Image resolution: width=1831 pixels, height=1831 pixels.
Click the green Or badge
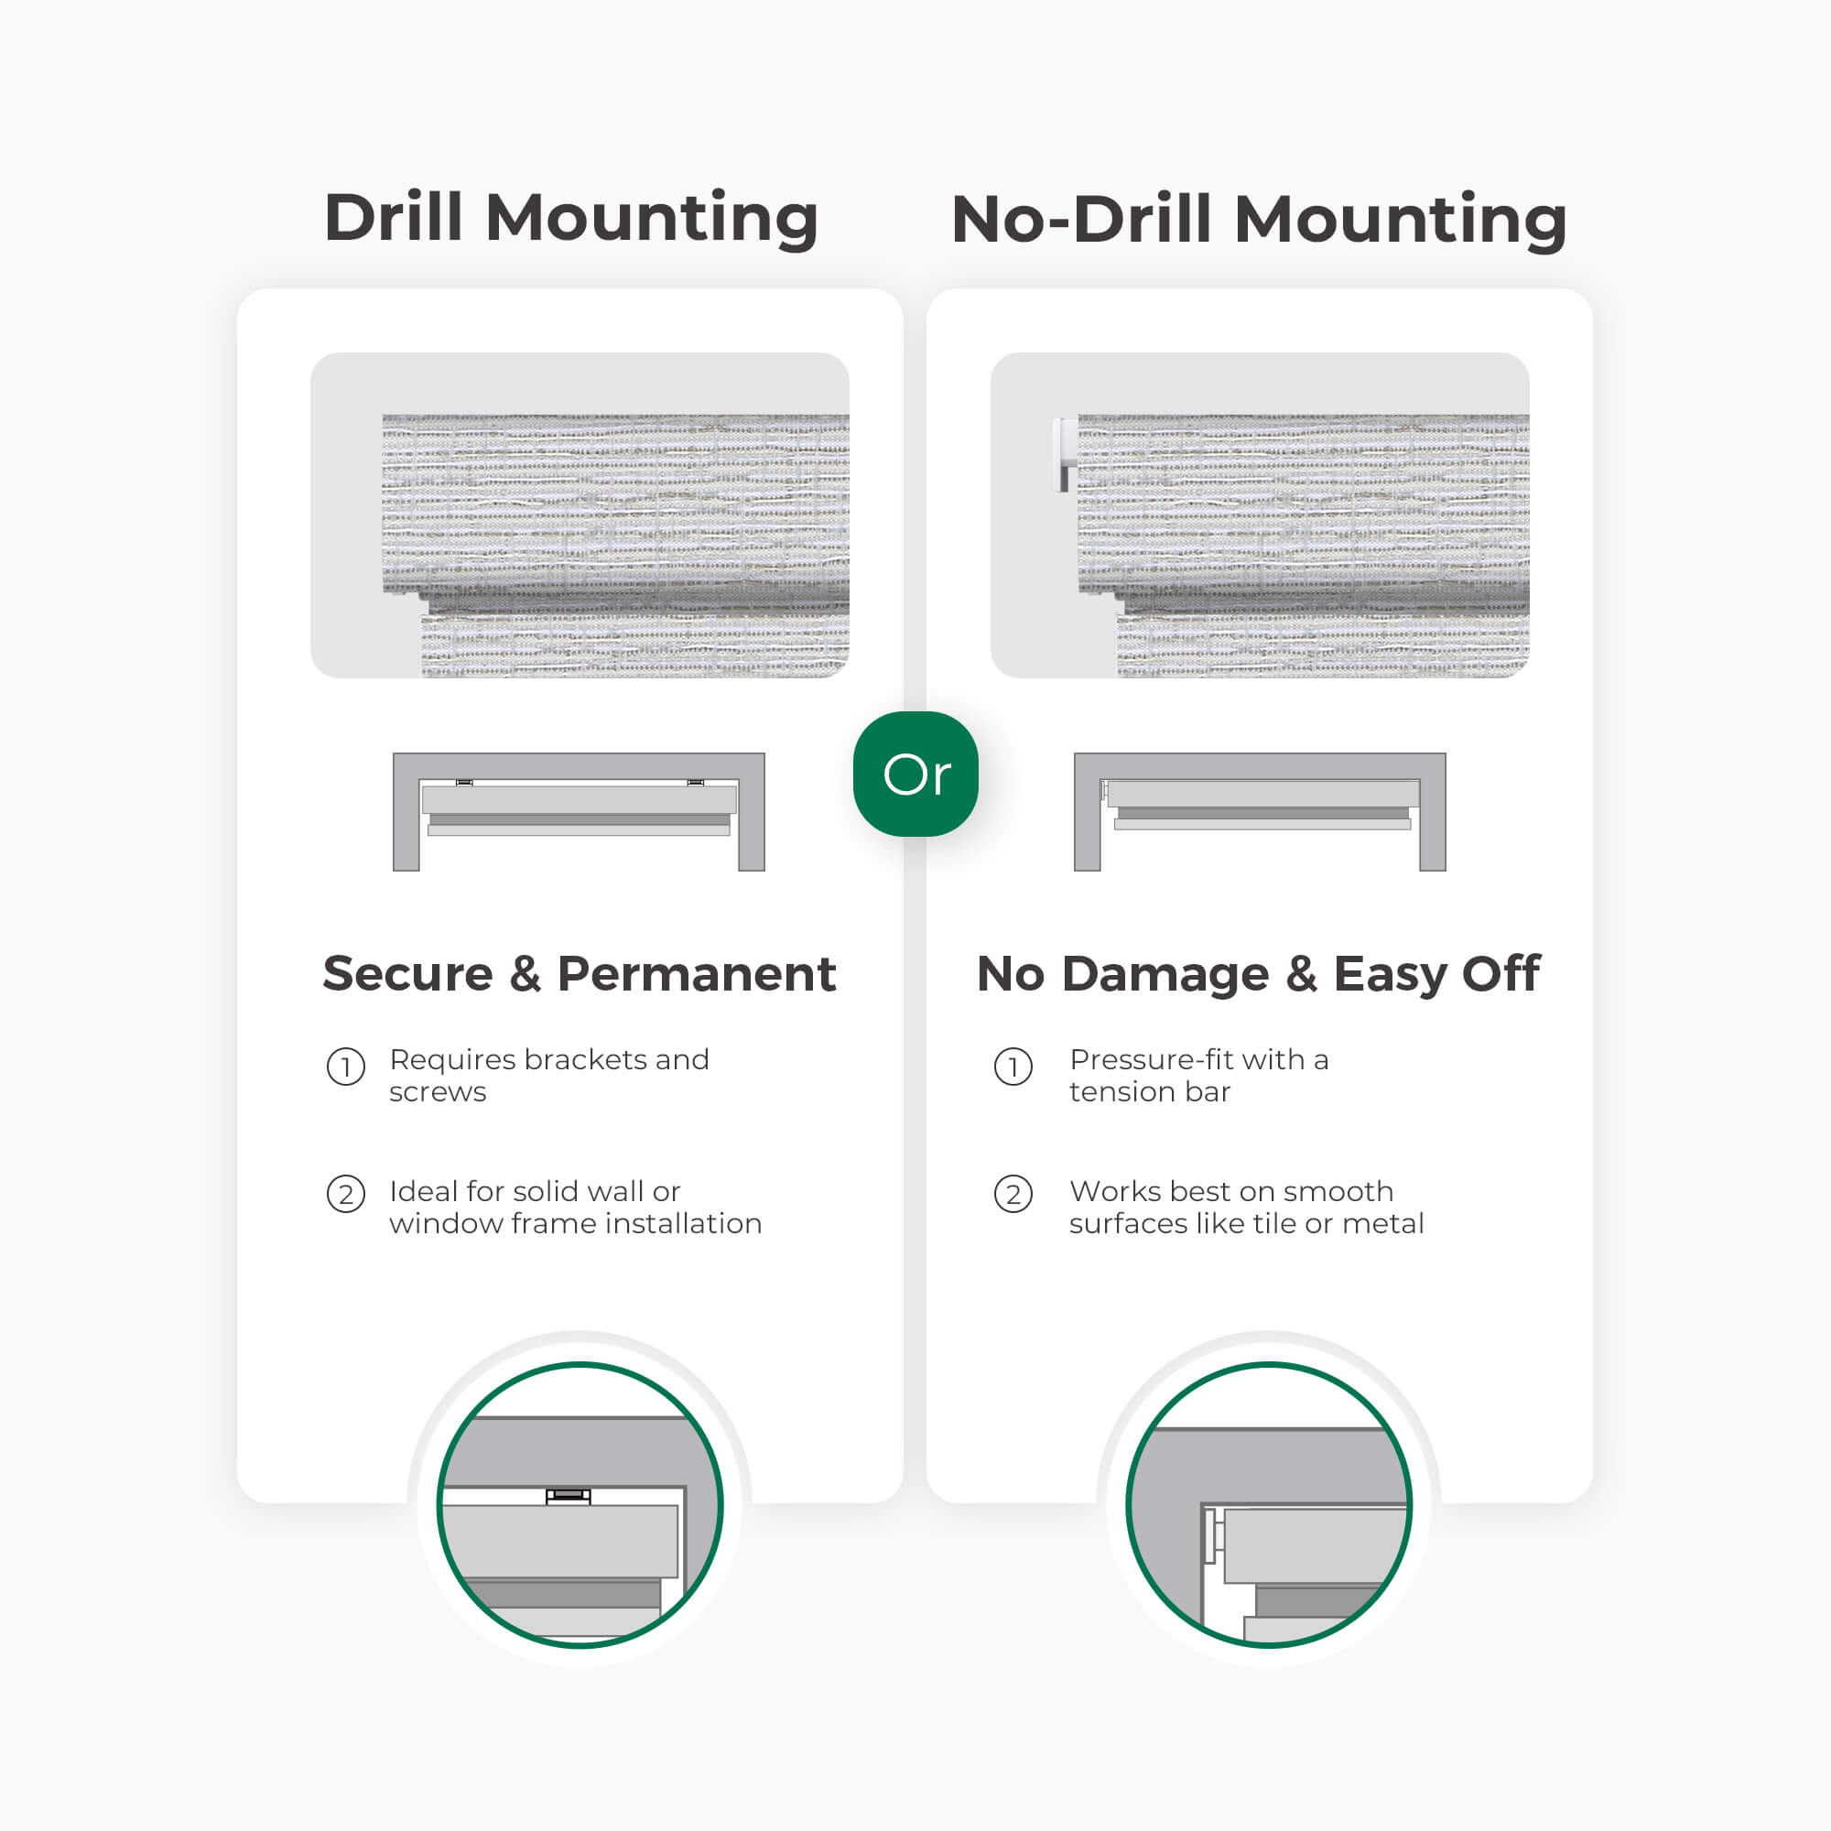click(x=915, y=775)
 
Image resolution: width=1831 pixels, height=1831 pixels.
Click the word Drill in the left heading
click(x=394, y=218)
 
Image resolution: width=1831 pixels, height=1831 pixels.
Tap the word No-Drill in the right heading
click(x=1080, y=220)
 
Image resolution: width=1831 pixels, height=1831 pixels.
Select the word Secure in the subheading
click(x=407, y=974)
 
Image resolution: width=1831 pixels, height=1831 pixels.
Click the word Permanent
click(x=697, y=974)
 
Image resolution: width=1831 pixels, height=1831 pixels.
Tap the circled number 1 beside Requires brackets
click(x=346, y=1067)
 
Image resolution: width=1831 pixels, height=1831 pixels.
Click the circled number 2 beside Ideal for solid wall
click(x=346, y=1194)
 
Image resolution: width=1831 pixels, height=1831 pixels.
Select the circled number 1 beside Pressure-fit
click(x=1013, y=1067)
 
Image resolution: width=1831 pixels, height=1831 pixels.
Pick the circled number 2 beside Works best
click(x=1013, y=1194)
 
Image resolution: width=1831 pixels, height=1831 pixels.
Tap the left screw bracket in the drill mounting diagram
click(x=464, y=783)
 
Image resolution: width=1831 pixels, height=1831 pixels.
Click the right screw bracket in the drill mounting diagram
click(x=696, y=783)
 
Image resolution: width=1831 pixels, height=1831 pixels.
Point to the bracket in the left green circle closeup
click(x=568, y=1497)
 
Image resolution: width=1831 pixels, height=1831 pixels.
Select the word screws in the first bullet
click(x=438, y=1093)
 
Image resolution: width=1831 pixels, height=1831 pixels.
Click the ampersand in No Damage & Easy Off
click(x=1301, y=974)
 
